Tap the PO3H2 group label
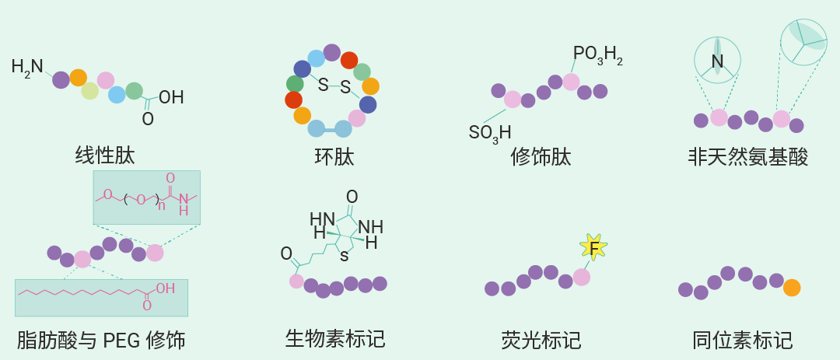598,54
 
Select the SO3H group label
490,133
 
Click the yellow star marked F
593,247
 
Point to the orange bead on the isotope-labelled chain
792,288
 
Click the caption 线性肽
105,156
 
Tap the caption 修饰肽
541,157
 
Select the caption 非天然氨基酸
748,157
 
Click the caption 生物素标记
335,338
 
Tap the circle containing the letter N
717,60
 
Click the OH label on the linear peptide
171,97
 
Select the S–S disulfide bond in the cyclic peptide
334,86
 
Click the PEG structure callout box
147,197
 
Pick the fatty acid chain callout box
101,298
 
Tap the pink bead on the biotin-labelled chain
296,281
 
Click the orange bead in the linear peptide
79,78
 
